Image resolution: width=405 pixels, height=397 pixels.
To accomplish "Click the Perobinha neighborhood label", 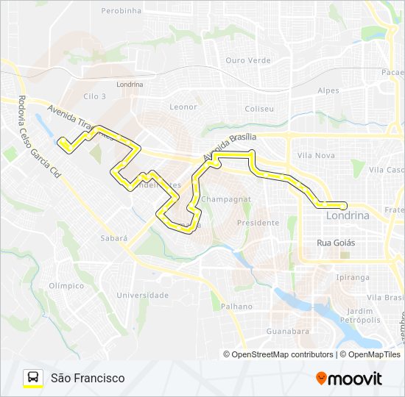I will (121, 11).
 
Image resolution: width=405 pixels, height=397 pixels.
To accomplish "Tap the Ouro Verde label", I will (248, 60).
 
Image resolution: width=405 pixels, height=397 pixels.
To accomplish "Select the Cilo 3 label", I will (95, 96).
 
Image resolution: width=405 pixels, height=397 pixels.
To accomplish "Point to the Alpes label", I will (328, 90).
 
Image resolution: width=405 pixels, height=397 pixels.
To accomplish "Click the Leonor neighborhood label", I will (183, 107).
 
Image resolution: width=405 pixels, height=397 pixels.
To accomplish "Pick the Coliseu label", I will (258, 109).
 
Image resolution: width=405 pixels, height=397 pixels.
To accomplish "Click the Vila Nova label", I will (317, 155).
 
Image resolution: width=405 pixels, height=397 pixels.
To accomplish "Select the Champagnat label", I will (226, 199).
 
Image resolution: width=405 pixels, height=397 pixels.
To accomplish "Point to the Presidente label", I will (258, 222).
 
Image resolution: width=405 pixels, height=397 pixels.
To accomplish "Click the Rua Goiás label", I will (336, 243).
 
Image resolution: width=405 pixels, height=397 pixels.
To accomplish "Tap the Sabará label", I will (113, 238).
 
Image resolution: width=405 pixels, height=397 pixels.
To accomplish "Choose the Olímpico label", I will (66, 285).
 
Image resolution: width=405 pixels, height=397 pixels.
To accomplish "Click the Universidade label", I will (143, 295).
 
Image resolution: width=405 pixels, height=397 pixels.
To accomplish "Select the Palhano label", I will (235, 307).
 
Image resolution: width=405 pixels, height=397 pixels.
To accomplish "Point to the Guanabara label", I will (287, 332).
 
